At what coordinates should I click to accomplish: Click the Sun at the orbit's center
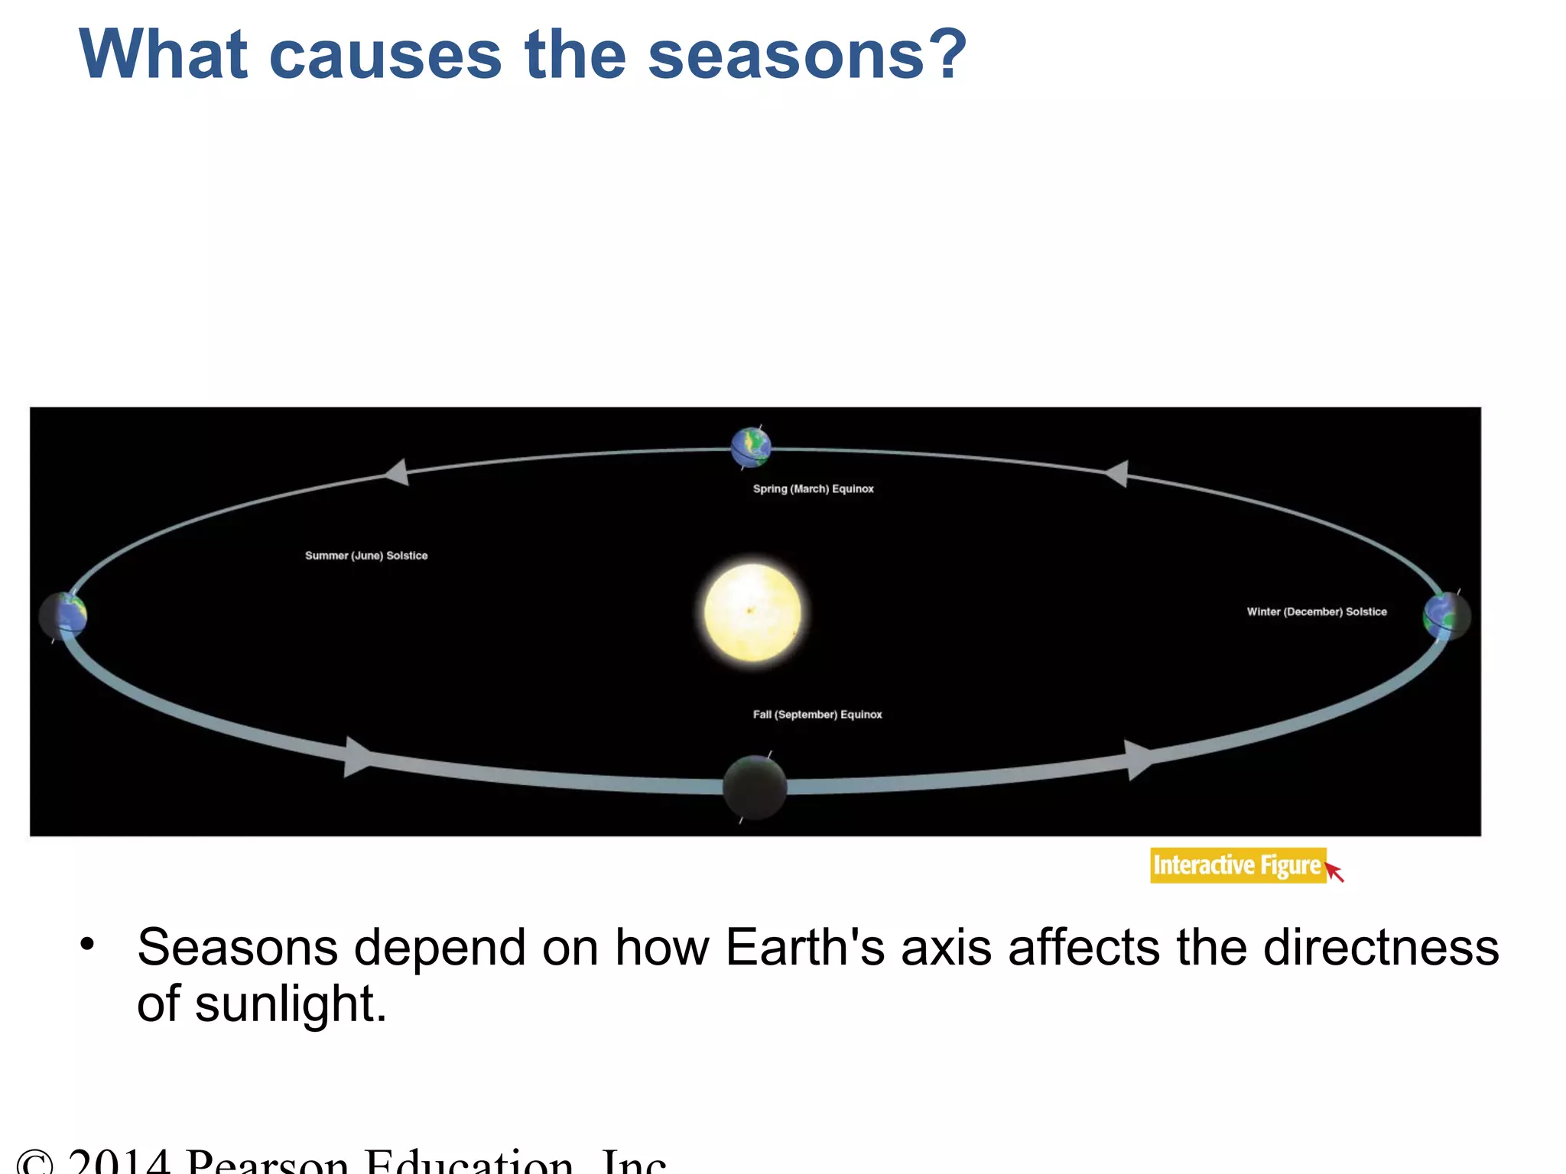[x=752, y=611]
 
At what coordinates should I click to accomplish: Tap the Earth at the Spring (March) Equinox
[x=751, y=447]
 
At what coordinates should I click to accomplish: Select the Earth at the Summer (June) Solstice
[x=63, y=615]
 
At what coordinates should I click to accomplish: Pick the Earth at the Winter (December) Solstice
[x=1446, y=615]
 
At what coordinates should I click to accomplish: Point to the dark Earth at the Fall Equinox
[x=755, y=787]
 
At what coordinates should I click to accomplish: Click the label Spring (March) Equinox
[x=813, y=488]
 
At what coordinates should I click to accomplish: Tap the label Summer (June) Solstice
[x=366, y=556]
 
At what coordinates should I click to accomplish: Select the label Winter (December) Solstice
[x=1316, y=611]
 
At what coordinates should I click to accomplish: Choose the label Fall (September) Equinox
[x=817, y=715]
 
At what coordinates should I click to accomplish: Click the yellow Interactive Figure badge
[x=1237, y=865]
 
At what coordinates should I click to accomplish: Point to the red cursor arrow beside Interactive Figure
[x=1334, y=871]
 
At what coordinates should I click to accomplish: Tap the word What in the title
[x=163, y=55]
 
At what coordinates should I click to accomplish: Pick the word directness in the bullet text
[x=1381, y=948]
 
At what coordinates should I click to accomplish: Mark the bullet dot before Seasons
[x=87, y=945]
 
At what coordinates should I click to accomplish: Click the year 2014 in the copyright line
[x=119, y=1162]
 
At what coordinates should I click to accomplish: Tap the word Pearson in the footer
[x=268, y=1162]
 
